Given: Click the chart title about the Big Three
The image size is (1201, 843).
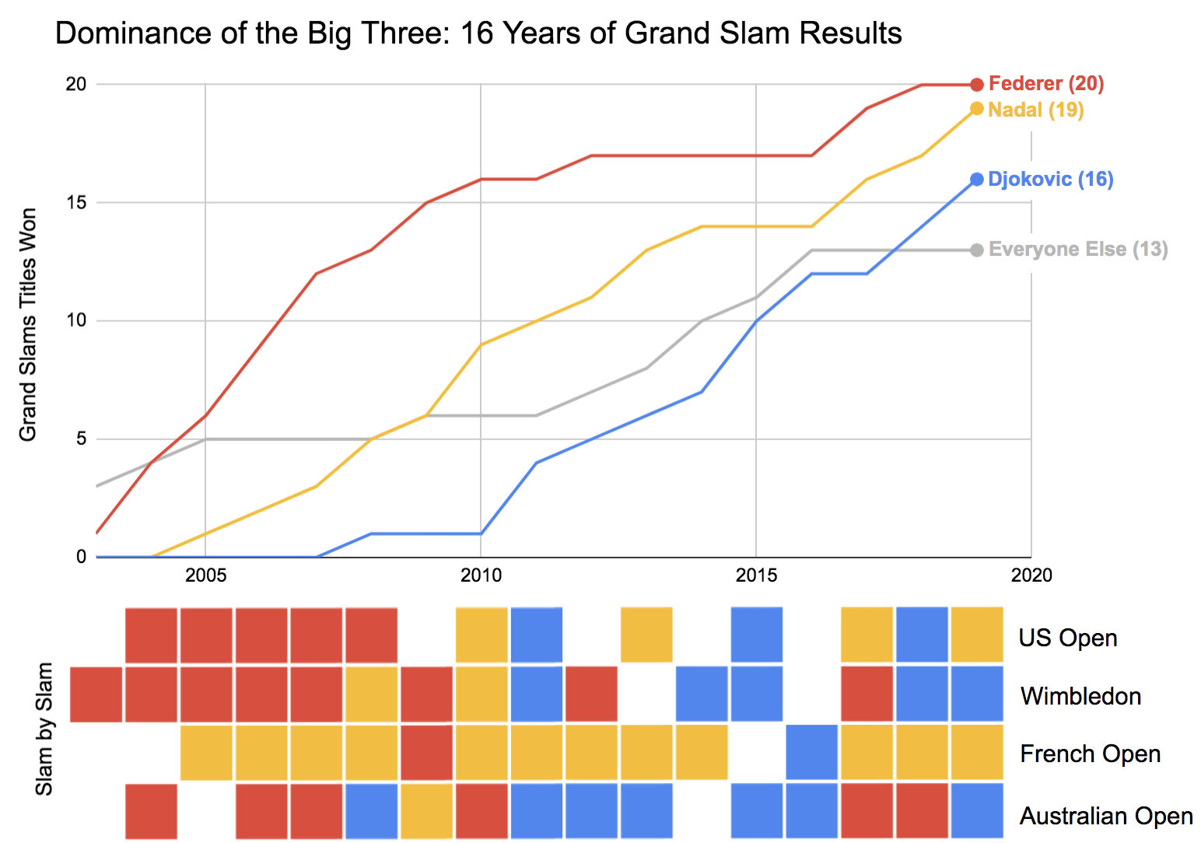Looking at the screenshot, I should (478, 33).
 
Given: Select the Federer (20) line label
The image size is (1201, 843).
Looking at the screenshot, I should (1046, 84).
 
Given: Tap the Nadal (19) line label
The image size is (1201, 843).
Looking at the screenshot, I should (1035, 110).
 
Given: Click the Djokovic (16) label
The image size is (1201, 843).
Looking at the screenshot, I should (1050, 180).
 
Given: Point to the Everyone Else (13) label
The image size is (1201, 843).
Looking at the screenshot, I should (1078, 250).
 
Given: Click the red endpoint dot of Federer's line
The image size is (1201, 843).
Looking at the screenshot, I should (977, 84).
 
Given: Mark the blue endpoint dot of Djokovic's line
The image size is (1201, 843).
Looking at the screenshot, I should (977, 180).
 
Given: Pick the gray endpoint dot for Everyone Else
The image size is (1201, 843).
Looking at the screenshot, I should (977, 250).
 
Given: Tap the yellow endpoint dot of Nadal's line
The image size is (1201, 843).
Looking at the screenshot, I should (977, 109).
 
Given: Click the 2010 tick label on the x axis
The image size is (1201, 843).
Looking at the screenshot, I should (481, 575).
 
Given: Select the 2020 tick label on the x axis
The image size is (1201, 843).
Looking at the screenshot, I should (1031, 575).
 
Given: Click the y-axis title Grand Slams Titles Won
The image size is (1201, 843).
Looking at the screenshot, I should (28, 324).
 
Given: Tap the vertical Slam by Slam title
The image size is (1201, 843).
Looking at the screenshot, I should (45, 729).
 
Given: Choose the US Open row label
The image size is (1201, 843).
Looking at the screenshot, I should (1067, 638).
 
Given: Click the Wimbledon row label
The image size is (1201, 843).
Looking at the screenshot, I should (1080, 696).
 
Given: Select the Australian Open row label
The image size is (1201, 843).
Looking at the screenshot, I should (1106, 816).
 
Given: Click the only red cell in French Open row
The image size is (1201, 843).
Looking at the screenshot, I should (426, 752).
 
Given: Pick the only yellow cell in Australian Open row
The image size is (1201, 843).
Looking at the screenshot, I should (426, 811).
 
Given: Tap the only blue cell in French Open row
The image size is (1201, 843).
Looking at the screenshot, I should (812, 752).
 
